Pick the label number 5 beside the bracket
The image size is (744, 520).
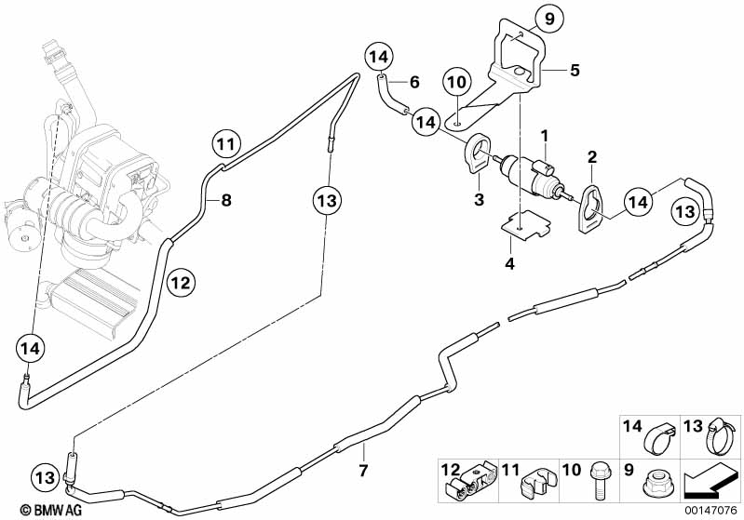click(x=575, y=70)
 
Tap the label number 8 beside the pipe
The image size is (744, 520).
click(x=225, y=198)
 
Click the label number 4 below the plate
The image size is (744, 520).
click(x=509, y=264)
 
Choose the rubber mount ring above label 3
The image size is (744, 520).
click(x=477, y=151)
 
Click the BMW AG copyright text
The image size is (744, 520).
click(x=34, y=509)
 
